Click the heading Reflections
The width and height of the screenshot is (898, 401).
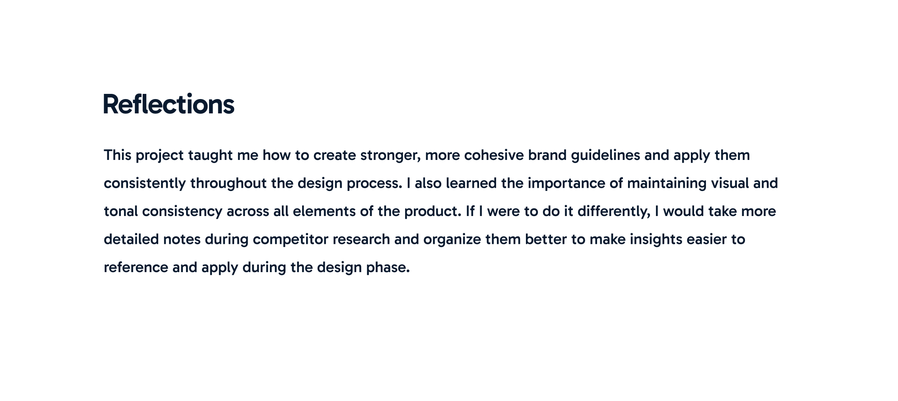coord(169,104)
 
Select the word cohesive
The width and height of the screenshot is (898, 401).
coord(494,155)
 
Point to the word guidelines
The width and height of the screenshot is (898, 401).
coord(605,156)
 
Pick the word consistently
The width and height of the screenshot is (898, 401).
coord(145,184)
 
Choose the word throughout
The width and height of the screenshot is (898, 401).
coord(229,184)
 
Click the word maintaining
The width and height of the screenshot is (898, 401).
coord(667,184)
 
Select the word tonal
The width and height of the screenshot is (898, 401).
coord(121,211)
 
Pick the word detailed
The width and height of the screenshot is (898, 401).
coord(131,239)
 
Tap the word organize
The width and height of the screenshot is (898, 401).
coord(452,240)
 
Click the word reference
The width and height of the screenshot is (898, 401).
coord(136,267)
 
